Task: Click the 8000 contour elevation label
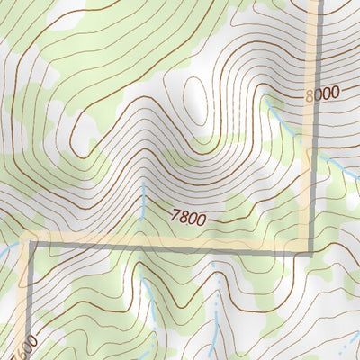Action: point(321,92)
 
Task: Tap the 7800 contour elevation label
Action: point(188,216)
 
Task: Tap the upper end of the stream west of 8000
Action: point(266,101)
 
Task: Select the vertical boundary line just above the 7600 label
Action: point(24,306)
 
